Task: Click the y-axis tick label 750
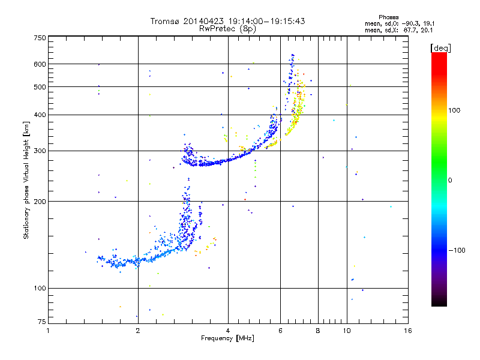tap(39, 37)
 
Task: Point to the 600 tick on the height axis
tap(39, 64)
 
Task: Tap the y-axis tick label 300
tap(39, 151)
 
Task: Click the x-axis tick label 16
tap(407, 331)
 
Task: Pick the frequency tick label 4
tap(228, 331)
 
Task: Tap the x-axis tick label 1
tap(48, 331)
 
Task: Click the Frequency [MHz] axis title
tap(228, 339)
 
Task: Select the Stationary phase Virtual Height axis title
tap(26, 180)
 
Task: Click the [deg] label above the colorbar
tap(440, 47)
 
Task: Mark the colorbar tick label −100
tap(458, 250)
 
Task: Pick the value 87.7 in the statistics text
tap(412, 29)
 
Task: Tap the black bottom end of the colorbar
tap(439, 304)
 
